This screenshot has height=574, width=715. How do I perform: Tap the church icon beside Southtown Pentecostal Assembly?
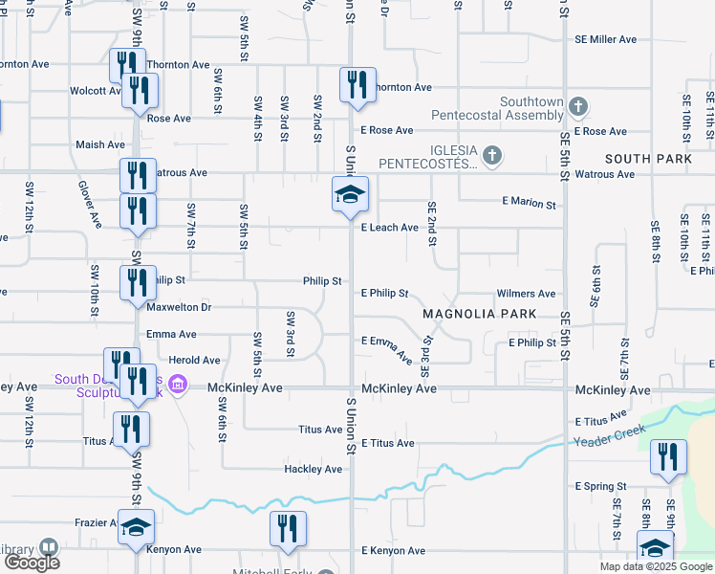(x=577, y=105)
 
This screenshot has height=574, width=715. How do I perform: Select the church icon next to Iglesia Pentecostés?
(x=491, y=155)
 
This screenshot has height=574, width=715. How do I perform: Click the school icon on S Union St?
(x=350, y=195)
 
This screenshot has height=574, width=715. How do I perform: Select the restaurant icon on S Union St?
(x=357, y=85)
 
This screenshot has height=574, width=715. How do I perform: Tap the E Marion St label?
(x=529, y=204)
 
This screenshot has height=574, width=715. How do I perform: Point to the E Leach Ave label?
(x=389, y=228)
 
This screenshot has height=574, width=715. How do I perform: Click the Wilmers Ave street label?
(x=526, y=294)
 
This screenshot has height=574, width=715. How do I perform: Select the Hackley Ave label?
(x=313, y=470)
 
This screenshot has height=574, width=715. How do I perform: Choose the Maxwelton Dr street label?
(x=178, y=307)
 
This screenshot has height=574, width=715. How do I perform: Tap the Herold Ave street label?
(x=194, y=361)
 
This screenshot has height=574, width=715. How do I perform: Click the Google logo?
(x=32, y=563)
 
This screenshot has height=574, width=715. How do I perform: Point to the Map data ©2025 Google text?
(x=656, y=566)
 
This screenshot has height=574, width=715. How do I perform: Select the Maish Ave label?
(x=100, y=144)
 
